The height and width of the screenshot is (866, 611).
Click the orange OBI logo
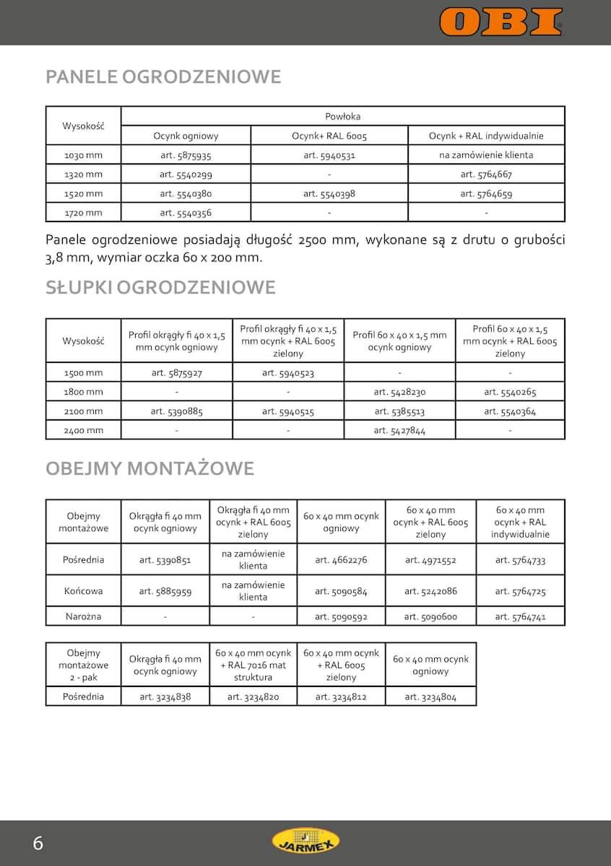pyautogui.click(x=500, y=22)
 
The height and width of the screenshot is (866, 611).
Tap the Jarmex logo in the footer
pyautogui.click(x=305, y=840)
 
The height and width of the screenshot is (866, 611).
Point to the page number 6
pyautogui.click(x=38, y=843)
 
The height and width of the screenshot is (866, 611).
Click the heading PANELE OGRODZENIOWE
pyautogui.click(x=163, y=77)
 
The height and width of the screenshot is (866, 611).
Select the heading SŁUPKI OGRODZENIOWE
pyautogui.click(x=160, y=287)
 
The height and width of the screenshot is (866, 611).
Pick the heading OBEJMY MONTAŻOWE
pyautogui.click(x=150, y=468)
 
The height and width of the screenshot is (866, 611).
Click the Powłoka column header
pyautogui.click(x=342, y=116)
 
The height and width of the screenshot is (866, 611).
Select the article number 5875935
pyautogui.click(x=186, y=155)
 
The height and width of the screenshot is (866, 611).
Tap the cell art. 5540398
pyautogui.click(x=329, y=194)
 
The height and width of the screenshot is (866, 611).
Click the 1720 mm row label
pyautogui.click(x=84, y=213)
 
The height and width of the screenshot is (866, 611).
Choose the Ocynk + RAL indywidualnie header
pyautogui.click(x=486, y=136)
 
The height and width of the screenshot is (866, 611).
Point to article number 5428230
pyautogui.click(x=399, y=393)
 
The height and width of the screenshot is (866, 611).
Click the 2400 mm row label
pyautogui.click(x=84, y=431)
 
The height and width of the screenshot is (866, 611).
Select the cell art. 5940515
pyautogui.click(x=288, y=412)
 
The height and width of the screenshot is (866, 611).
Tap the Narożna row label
pyautogui.click(x=84, y=617)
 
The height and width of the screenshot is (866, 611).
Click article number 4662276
pyautogui.click(x=341, y=560)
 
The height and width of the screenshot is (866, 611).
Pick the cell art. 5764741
pyautogui.click(x=520, y=617)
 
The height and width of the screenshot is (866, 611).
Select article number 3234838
pyautogui.click(x=165, y=697)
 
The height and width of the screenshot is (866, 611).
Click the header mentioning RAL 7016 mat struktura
pyautogui.click(x=253, y=665)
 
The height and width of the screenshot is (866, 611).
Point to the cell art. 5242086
pyautogui.click(x=430, y=592)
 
